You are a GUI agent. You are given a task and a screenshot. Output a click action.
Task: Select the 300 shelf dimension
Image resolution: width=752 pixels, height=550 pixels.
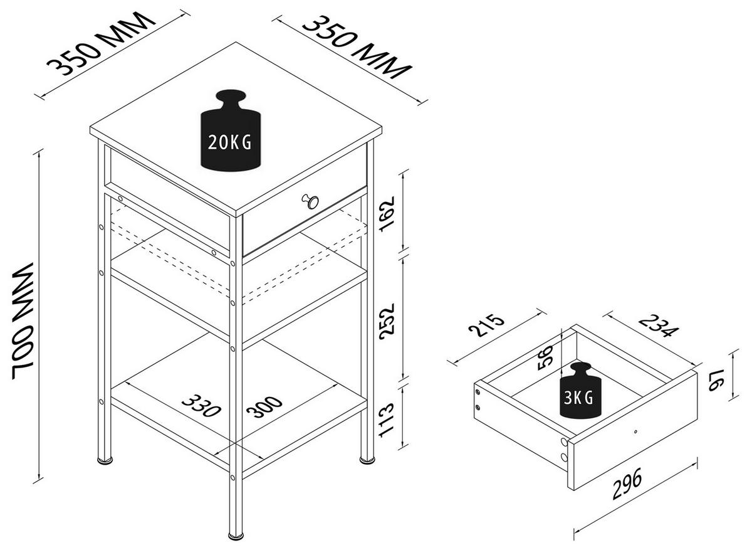pyautogui.click(x=264, y=407)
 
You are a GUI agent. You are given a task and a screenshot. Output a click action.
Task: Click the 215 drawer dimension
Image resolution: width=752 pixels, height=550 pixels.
pyautogui.click(x=486, y=327)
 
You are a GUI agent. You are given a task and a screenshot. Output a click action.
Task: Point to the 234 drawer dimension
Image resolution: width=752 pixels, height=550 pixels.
pyautogui.click(x=658, y=326)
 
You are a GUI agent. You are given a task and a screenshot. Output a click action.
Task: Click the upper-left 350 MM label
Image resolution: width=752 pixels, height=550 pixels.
pyautogui.click(x=100, y=43)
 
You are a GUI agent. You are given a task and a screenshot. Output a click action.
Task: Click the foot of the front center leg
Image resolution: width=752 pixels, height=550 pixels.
pyautogui.click(x=236, y=536)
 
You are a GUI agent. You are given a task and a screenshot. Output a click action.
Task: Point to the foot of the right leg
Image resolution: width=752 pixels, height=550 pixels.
pyautogui.click(x=367, y=461)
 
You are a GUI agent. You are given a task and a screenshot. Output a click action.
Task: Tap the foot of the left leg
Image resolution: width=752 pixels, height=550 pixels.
pyautogui.click(x=103, y=461)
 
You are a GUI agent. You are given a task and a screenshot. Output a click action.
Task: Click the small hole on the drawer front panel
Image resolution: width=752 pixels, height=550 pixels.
pyautogui.click(x=635, y=431)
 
